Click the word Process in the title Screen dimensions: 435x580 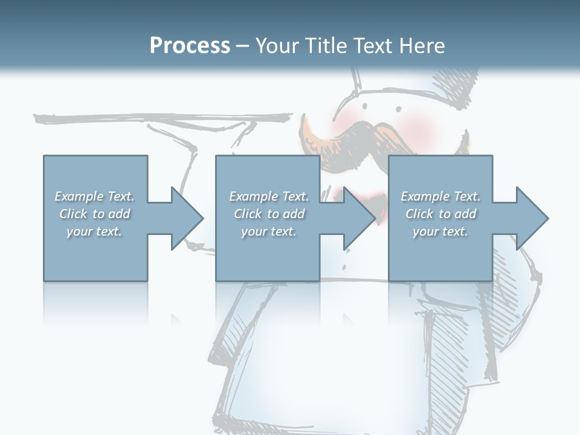point(190,45)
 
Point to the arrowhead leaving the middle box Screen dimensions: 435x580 point(359,218)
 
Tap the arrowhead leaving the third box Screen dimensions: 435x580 point(532,218)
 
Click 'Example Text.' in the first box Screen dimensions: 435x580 point(94,196)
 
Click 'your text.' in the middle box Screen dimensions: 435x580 point(268,231)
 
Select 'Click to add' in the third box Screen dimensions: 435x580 point(440,214)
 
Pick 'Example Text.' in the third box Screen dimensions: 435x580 point(440,196)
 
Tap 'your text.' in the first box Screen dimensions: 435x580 point(94,231)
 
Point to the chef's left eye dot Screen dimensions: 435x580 point(364,106)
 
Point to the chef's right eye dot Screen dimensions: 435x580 point(398,109)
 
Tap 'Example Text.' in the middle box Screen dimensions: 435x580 point(268,196)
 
